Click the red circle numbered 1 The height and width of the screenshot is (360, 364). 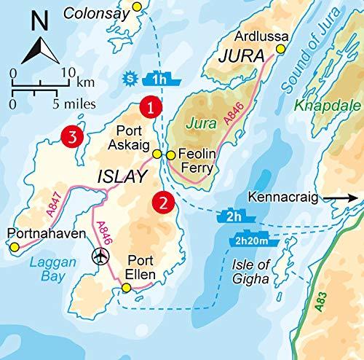pos(150,107)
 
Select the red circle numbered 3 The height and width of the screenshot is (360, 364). pos(71,136)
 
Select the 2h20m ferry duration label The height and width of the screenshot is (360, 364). pos(253,241)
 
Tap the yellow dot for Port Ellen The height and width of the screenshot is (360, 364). pos(127,289)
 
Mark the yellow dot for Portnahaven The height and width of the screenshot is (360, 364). pos(14,248)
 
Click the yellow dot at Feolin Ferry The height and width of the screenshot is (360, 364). pos(170,154)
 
